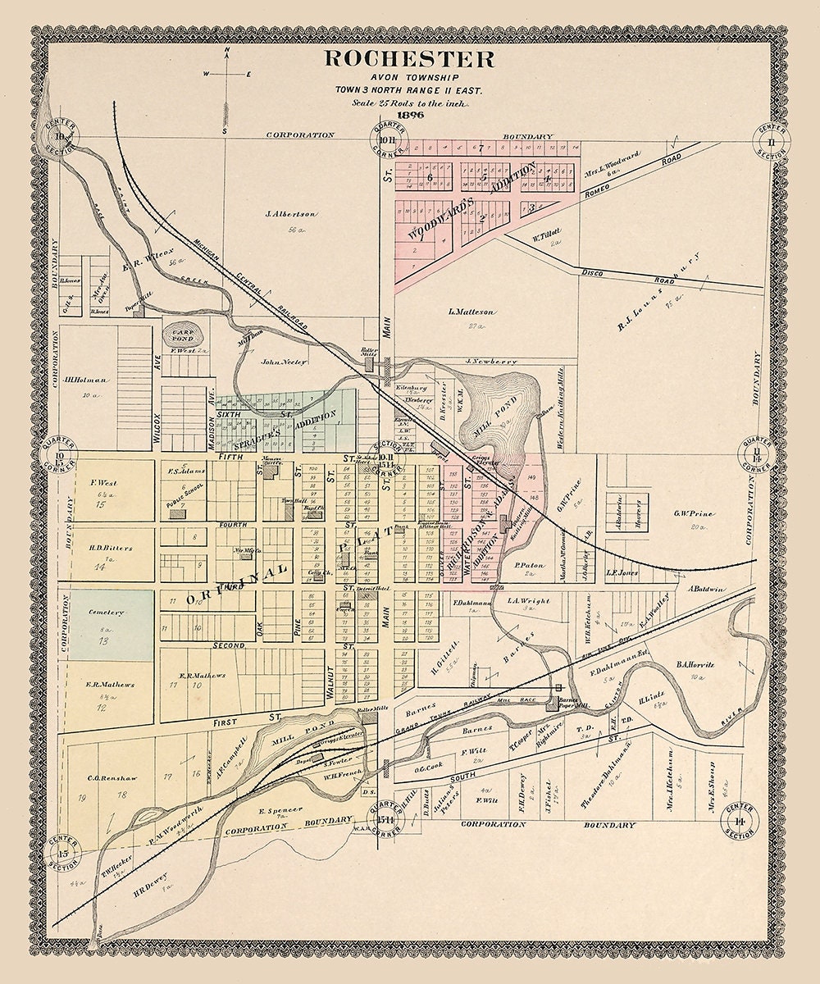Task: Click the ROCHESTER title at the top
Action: [409, 59]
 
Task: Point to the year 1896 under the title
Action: [410, 115]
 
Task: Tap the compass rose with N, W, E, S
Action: [225, 74]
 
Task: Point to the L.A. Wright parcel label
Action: [522, 601]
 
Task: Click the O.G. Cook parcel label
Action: [428, 768]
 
